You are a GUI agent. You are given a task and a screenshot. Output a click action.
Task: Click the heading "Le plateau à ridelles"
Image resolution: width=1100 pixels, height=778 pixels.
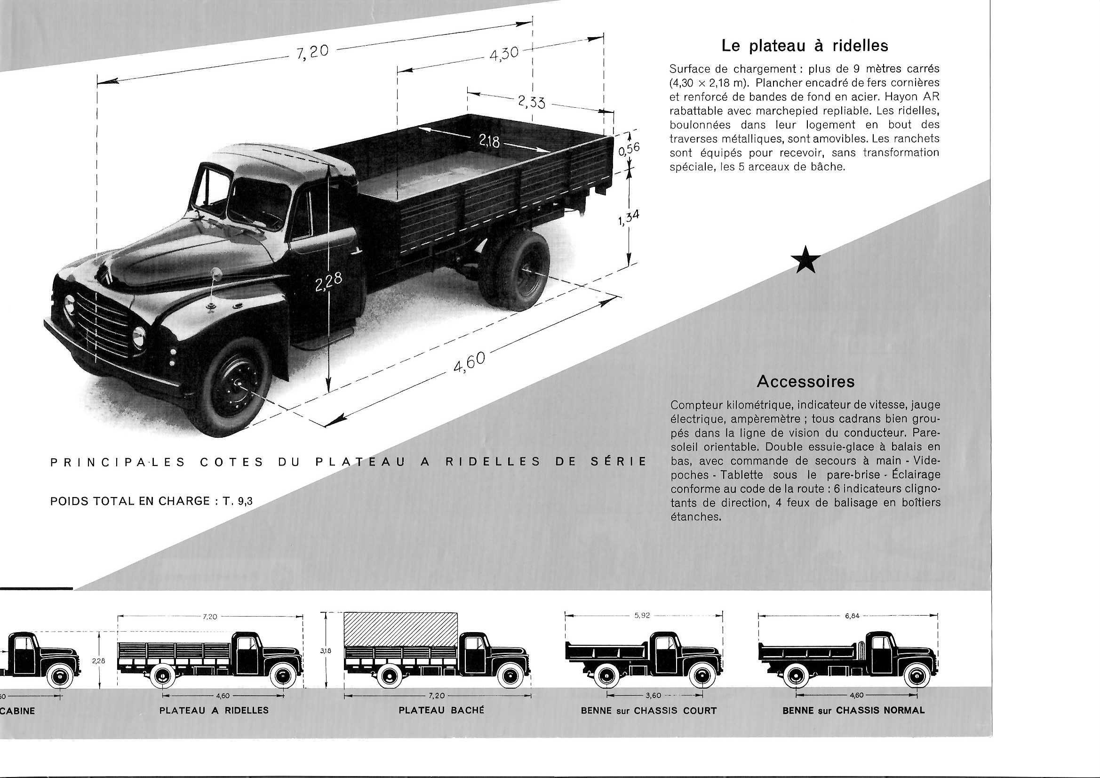805,46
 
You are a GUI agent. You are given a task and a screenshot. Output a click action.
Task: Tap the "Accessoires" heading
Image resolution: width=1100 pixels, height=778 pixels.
805,382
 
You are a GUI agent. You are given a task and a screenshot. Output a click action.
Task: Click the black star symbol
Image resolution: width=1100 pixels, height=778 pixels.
805,260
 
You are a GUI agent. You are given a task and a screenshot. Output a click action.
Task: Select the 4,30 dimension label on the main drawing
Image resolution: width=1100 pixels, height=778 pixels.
504,53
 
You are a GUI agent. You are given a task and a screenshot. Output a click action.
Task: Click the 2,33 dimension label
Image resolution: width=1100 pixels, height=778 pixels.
531,102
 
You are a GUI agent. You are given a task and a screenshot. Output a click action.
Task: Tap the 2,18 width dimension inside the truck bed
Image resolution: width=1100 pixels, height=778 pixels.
489,141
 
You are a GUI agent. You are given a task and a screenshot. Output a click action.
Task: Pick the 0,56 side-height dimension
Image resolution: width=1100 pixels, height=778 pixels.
629,150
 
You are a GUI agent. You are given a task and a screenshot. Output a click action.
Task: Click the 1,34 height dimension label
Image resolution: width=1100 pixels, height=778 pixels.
629,218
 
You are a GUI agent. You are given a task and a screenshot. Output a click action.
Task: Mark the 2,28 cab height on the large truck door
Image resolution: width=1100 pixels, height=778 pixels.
329,282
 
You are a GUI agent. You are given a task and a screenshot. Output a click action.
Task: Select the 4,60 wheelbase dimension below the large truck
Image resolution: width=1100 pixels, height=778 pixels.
469,362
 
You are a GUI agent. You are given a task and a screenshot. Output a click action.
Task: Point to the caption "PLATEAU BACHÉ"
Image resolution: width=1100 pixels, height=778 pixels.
441,710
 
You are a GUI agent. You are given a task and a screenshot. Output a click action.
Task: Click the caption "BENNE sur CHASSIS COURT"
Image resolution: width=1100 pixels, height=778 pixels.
649,710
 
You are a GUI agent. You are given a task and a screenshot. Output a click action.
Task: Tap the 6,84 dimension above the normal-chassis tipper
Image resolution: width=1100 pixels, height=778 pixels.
852,616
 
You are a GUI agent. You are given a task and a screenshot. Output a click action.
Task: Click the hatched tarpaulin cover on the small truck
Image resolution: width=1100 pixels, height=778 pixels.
400,629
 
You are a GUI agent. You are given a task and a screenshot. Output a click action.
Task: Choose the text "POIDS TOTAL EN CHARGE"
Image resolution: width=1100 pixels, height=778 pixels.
130,501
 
